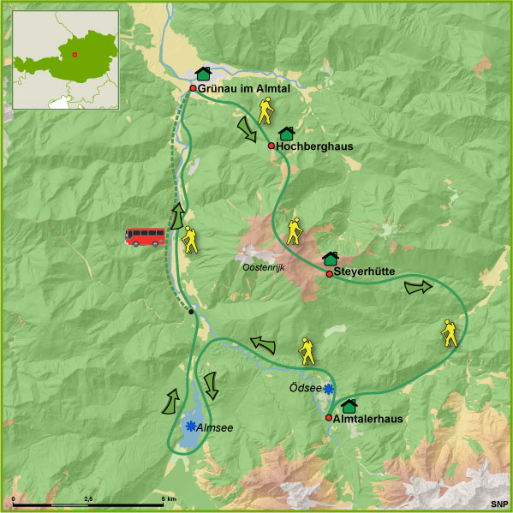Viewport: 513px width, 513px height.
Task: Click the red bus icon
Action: [146, 236]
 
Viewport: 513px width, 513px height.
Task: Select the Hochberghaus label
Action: [314, 146]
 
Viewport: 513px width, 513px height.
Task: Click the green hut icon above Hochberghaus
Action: [287, 134]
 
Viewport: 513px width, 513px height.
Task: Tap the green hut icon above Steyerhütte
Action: [331, 259]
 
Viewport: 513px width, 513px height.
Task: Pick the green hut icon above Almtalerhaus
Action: [349, 404]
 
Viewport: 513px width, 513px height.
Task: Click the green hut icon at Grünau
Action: [203, 74]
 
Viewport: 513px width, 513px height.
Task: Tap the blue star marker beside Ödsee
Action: [328, 389]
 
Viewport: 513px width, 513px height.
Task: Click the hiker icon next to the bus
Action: [188, 241]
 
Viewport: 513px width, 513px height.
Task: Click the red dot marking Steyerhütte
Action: [329, 274]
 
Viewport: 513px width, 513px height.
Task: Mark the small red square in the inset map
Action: [75, 55]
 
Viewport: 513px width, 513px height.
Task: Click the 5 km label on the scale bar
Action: [170, 498]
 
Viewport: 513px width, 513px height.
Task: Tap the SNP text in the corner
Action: [498, 504]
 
